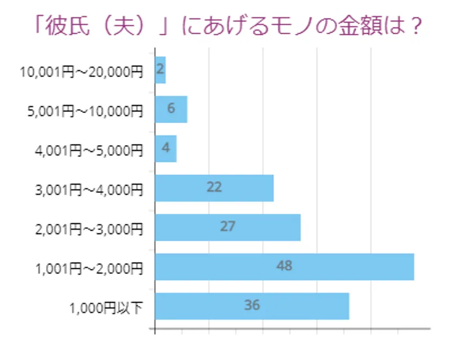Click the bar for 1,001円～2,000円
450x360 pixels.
[284, 267]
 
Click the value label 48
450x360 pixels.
[284, 265]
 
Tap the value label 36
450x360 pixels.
[252, 305]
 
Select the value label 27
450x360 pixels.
[228, 226]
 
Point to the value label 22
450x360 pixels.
[214, 187]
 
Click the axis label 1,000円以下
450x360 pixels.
[107, 307]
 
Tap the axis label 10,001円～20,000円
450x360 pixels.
[81, 72]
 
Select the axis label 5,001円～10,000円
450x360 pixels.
[85, 111]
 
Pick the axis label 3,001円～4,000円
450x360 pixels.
[89, 190]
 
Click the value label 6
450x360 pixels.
[171, 108]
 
